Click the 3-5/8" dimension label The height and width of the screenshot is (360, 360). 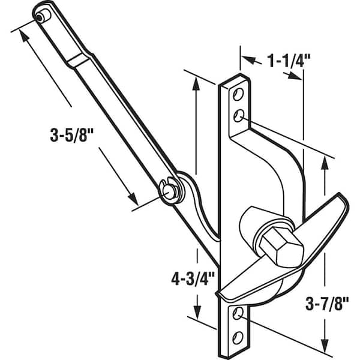(x=69, y=135)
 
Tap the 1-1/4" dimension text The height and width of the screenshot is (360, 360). (x=288, y=61)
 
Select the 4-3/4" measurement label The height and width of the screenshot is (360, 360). (x=193, y=279)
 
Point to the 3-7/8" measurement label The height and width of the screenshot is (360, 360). (x=327, y=304)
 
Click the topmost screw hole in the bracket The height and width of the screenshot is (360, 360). (x=238, y=94)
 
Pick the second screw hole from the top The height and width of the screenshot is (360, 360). (x=239, y=116)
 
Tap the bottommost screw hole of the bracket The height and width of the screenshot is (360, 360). (x=238, y=338)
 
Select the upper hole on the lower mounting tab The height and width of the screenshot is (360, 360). (x=238, y=313)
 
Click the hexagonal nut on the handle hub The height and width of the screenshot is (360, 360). (x=282, y=248)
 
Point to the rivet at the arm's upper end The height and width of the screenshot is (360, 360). (x=41, y=17)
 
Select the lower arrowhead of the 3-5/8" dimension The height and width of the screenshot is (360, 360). (x=134, y=199)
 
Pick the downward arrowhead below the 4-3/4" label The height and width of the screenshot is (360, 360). (x=197, y=312)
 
